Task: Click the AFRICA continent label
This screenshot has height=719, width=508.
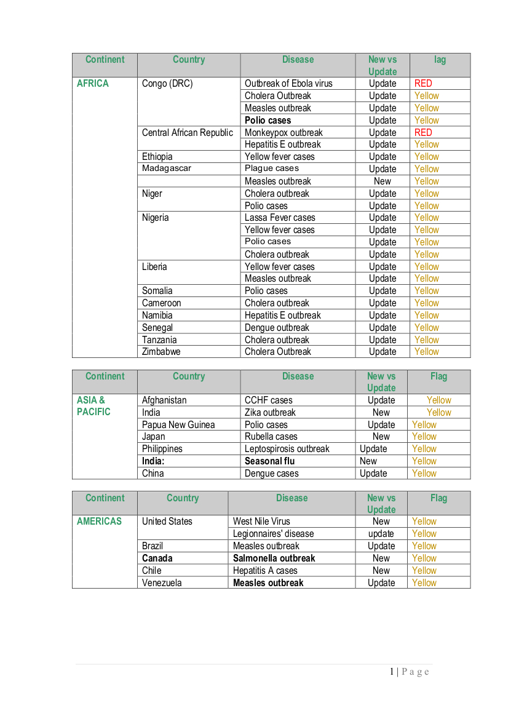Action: point(92,84)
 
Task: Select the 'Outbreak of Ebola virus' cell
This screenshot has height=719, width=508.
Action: point(288,84)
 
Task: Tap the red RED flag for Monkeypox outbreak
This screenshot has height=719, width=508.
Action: point(423,132)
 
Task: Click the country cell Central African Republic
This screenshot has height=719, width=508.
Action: point(188,133)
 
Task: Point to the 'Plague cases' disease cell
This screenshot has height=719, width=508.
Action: point(272,169)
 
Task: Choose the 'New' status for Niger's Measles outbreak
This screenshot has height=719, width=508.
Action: point(382,181)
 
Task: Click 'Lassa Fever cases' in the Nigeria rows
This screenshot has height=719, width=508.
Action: point(280,218)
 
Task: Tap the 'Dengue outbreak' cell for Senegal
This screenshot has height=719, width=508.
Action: point(277,328)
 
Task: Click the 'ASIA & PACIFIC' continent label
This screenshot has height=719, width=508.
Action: point(93,406)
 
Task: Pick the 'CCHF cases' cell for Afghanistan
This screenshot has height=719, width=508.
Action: point(269,400)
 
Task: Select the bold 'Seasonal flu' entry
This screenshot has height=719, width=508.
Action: point(269,461)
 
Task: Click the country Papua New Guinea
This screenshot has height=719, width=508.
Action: point(178,425)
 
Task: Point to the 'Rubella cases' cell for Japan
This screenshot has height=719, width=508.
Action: point(271,437)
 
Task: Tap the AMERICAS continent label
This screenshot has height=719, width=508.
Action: point(99,522)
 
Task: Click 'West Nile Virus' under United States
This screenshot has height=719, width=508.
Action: point(261,522)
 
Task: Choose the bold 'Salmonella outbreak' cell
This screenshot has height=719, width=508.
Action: point(274,558)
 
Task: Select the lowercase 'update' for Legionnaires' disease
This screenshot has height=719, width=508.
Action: point(381,534)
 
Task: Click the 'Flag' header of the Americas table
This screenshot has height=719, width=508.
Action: point(439,498)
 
